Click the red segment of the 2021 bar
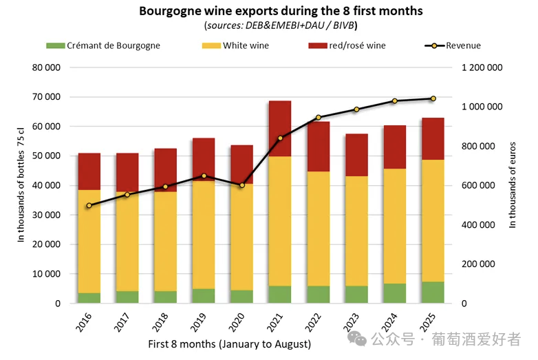[280, 129]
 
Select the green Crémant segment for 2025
[433, 292]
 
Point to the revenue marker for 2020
[242, 185]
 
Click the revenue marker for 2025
[433, 98]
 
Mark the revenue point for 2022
[318, 118]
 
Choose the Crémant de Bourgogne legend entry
[103, 45]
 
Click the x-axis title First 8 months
[229, 343]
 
